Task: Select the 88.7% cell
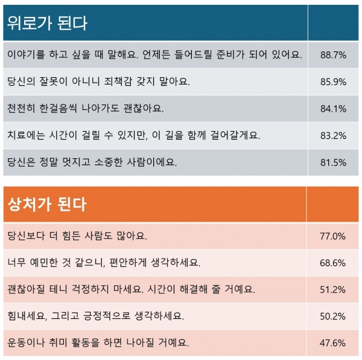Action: pos(333,55)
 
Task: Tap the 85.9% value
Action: pos(333,82)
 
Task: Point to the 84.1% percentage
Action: pos(333,109)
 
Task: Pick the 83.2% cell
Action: pos(333,135)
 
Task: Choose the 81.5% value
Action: pos(333,162)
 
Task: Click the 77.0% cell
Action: pos(333,236)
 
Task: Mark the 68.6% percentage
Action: pos(333,263)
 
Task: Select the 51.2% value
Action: pos(333,289)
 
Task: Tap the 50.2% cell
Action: pos(333,316)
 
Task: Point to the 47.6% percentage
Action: pos(333,342)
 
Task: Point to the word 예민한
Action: pos(48,263)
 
